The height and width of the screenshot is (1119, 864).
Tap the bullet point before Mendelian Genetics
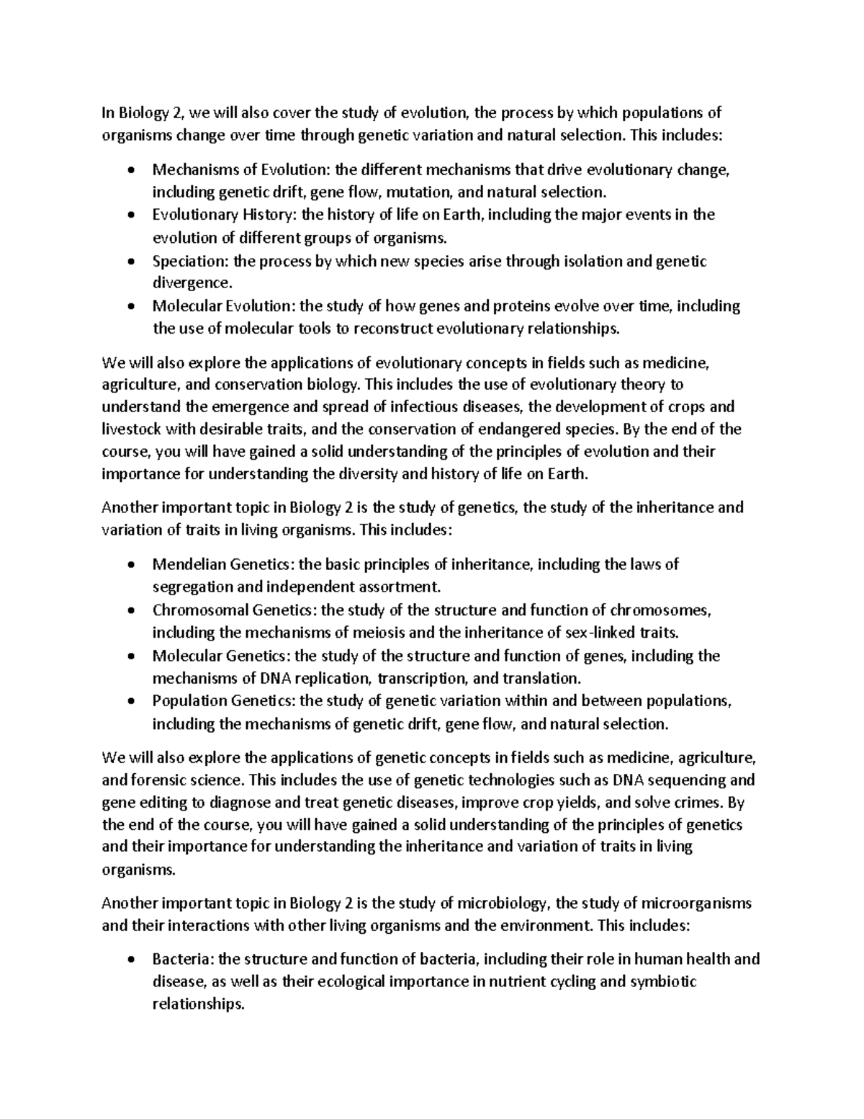pyautogui.click(x=130, y=564)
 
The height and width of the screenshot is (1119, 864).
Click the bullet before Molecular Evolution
pyautogui.click(x=130, y=306)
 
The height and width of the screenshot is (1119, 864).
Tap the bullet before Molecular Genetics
pyautogui.click(x=130, y=656)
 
